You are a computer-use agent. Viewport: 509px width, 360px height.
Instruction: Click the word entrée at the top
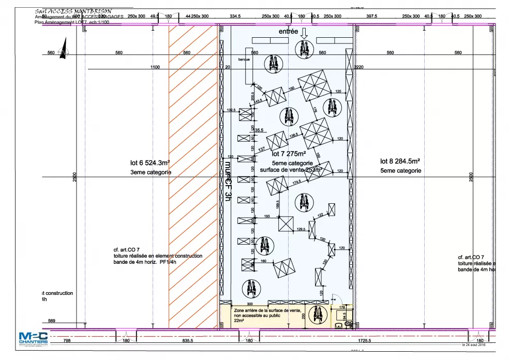pos(288,32)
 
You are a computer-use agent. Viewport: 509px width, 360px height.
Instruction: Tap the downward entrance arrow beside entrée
pos(304,32)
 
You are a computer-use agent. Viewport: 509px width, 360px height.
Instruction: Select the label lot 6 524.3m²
pos(150,162)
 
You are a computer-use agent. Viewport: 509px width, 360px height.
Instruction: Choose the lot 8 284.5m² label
pos(400,161)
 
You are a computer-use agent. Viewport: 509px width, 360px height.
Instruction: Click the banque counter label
pos(244,59)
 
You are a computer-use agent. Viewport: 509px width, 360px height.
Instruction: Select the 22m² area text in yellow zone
pos(239,321)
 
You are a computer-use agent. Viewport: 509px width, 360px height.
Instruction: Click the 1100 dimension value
pos(155,67)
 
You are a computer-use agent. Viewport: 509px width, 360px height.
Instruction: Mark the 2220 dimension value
pos(359,67)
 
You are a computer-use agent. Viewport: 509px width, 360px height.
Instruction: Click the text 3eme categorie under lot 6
pos(151,172)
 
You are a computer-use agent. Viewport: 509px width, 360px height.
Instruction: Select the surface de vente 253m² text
pos(291,169)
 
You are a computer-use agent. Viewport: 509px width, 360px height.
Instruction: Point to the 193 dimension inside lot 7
pos(267,216)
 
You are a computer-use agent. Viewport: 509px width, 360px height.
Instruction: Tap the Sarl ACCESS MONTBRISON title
pos(72,11)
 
